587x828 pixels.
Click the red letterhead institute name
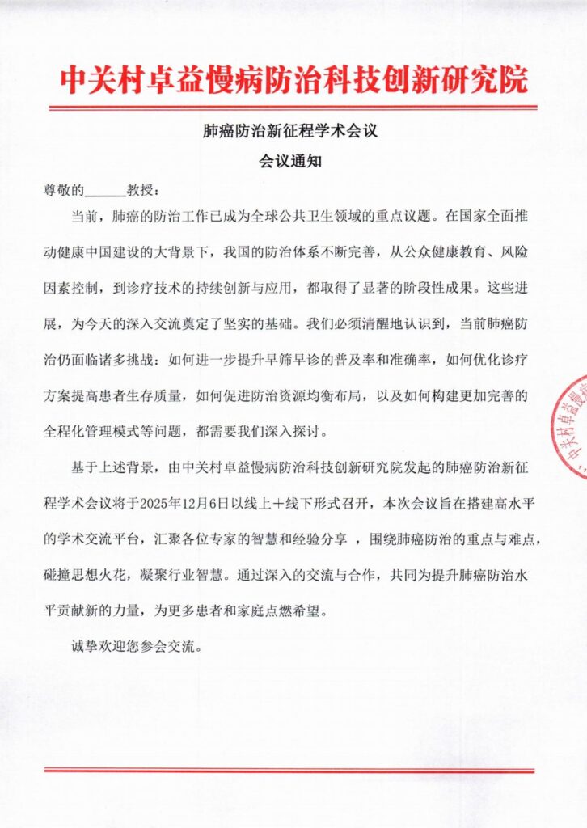point(293,78)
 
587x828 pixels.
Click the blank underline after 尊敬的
point(105,192)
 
